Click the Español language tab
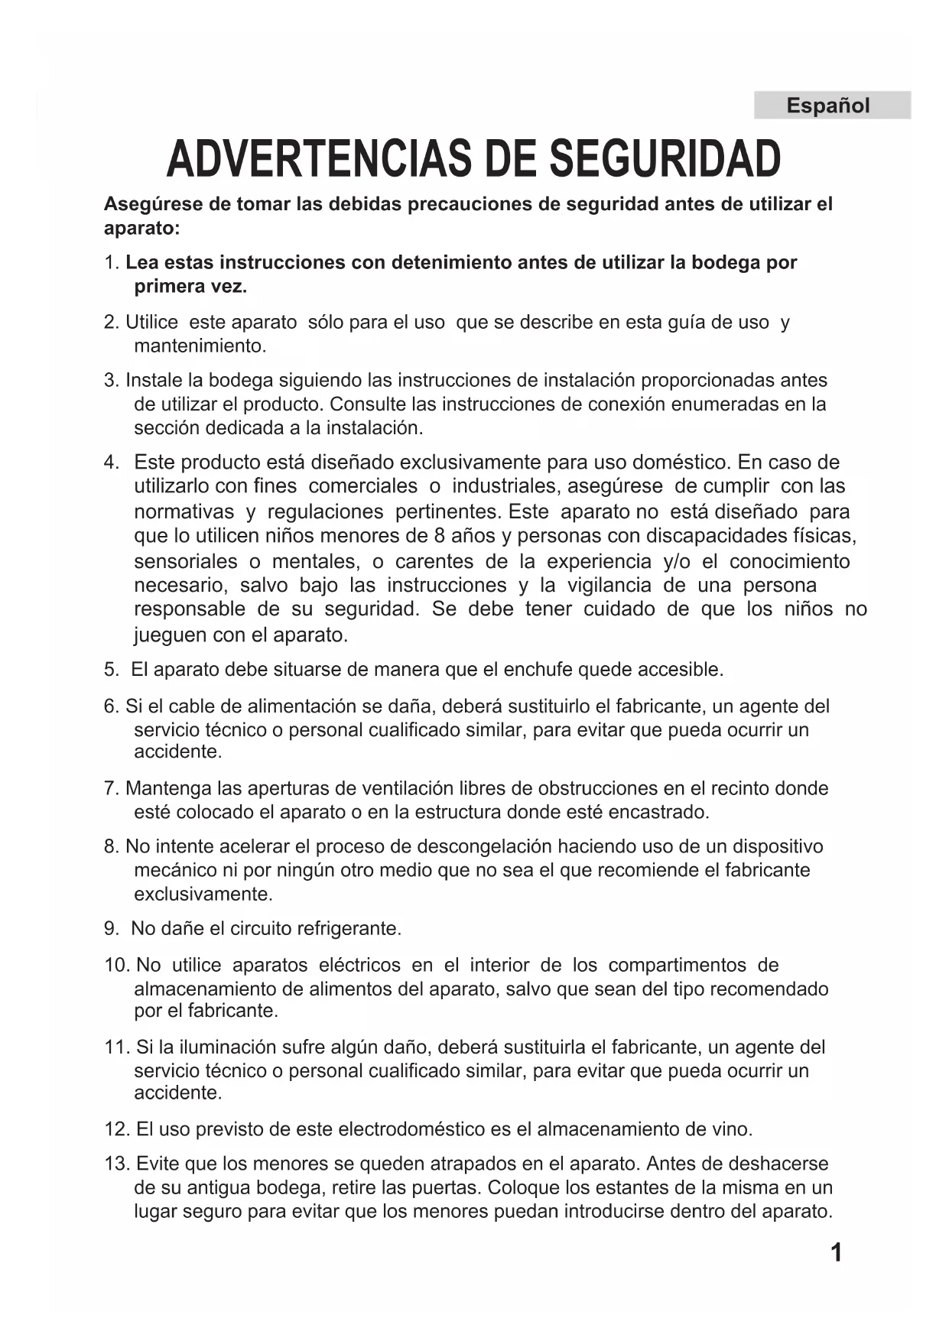point(831,106)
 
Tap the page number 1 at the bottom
point(836,1253)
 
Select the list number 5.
point(111,670)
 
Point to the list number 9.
point(111,929)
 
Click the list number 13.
point(117,1164)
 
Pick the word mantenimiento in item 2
point(200,346)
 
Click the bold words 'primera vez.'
point(190,287)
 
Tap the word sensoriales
point(185,562)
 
